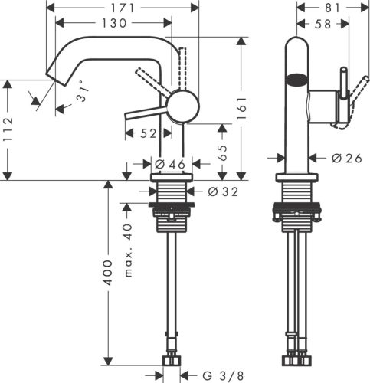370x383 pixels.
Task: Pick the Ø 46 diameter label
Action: [170, 163]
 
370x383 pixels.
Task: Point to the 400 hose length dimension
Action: [108, 271]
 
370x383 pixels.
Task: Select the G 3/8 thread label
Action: [222, 375]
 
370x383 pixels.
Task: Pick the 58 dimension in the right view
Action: [320, 24]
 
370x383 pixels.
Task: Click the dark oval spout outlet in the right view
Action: [295, 77]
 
